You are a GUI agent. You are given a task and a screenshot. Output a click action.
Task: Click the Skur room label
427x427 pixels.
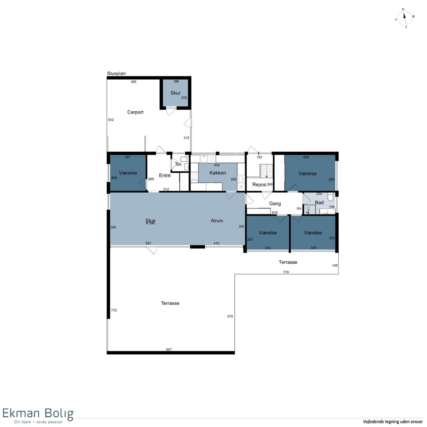pyautogui.click(x=175, y=93)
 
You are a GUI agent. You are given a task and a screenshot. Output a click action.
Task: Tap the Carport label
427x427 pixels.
pyautogui.click(x=135, y=112)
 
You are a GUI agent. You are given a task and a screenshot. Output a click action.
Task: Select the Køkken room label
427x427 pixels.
pyautogui.click(x=218, y=173)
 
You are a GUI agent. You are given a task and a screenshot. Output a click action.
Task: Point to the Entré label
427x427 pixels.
pyautogui.click(x=165, y=175)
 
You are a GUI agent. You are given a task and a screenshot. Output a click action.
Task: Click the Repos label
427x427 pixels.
pyautogui.click(x=259, y=185)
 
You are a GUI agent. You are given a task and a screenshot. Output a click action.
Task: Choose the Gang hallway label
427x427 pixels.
pyautogui.click(x=275, y=204)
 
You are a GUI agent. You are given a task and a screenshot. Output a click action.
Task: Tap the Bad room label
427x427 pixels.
pyautogui.click(x=319, y=202)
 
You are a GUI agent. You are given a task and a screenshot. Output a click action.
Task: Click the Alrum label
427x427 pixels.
pyautogui.click(x=217, y=221)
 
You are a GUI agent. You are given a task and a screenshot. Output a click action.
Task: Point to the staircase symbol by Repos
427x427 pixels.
pyautogui.click(x=267, y=171)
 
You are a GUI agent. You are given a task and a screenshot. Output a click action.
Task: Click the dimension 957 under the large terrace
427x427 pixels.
pyautogui.click(x=169, y=350)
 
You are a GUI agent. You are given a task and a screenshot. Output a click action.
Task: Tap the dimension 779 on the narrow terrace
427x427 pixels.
pyautogui.click(x=286, y=272)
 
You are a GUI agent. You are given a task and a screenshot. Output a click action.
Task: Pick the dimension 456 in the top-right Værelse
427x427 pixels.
pyautogui.click(x=306, y=157)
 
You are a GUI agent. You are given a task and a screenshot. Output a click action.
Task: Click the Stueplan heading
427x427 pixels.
pyautogui.click(x=116, y=74)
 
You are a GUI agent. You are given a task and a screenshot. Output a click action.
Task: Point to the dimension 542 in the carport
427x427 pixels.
pyautogui.click(x=111, y=120)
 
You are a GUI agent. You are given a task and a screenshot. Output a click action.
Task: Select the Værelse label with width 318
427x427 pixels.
pyautogui.click(x=268, y=233)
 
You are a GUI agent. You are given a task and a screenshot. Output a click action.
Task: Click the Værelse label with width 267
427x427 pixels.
pyautogui.click(x=128, y=173)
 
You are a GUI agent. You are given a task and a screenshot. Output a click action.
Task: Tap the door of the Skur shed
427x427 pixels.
pyautogui.click(x=171, y=111)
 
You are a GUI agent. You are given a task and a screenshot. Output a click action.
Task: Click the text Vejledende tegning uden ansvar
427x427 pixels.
pyautogui.click(x=392, y=421)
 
